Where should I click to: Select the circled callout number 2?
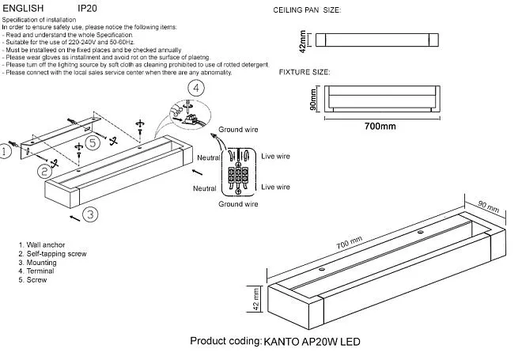[45, 170]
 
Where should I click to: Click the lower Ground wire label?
[238, 204]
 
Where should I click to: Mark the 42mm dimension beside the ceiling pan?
[302, 39]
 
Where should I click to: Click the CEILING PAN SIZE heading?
[307, 12]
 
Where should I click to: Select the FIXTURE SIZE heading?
[304, 72]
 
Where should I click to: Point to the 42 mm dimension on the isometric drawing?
[255, 299]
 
